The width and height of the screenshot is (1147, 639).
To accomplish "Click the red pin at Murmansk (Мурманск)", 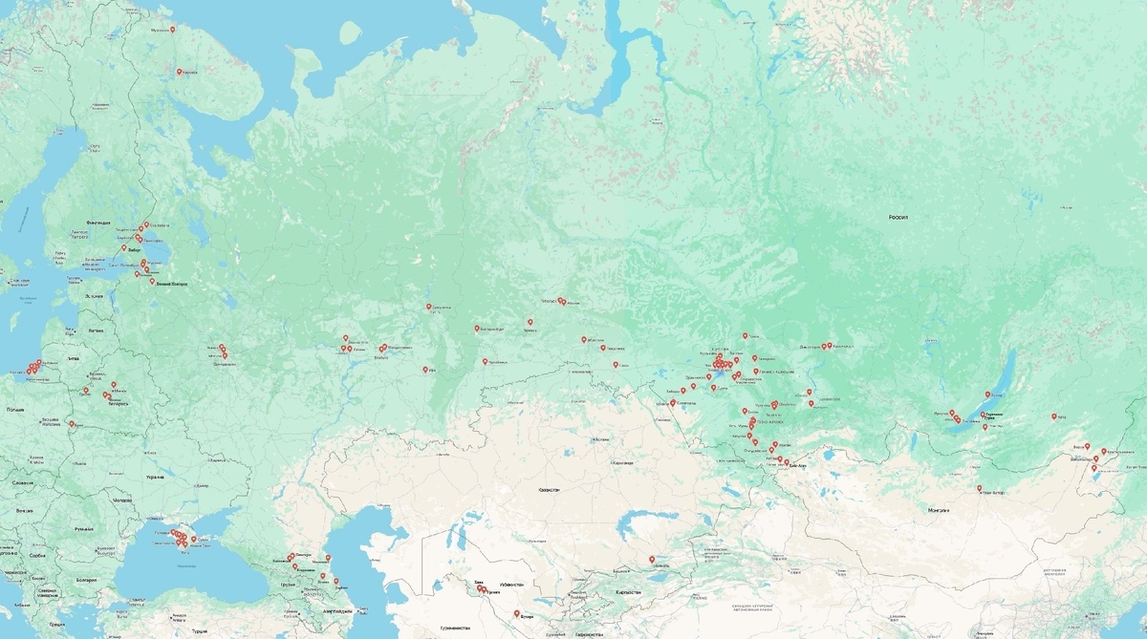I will [x=173, y=30].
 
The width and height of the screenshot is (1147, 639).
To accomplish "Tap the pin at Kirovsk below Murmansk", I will [x=179, y=71].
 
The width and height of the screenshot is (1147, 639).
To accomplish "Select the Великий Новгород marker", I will [x=152, y=282].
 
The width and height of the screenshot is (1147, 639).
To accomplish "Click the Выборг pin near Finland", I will [x=123, y=248].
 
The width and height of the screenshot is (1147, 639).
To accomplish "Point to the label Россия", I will [x=898, y=218].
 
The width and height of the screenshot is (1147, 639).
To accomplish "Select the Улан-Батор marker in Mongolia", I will [x=979, y=489].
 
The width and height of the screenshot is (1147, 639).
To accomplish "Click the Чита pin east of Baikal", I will [x=1053, y=415].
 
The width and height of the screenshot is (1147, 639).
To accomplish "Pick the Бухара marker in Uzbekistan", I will [x=516, y=613].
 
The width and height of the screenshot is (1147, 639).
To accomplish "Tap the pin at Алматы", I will [x=652, y=560].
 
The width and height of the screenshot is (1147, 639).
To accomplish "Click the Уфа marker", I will [x=425, y=370].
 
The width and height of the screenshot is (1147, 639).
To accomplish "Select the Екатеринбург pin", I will [x=477, y=329].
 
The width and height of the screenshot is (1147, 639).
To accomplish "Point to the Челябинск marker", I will [x=485, y=362].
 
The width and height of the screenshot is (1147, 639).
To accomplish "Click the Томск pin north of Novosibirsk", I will [x=745, y=335].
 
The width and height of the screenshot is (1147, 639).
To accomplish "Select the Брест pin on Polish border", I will [x=72, y=423].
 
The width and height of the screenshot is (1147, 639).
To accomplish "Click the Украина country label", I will [x=155, y=476].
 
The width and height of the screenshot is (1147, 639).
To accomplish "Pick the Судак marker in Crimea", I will [x=195, y=540].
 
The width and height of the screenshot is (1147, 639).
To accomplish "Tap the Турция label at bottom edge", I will [x=199, y=631].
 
